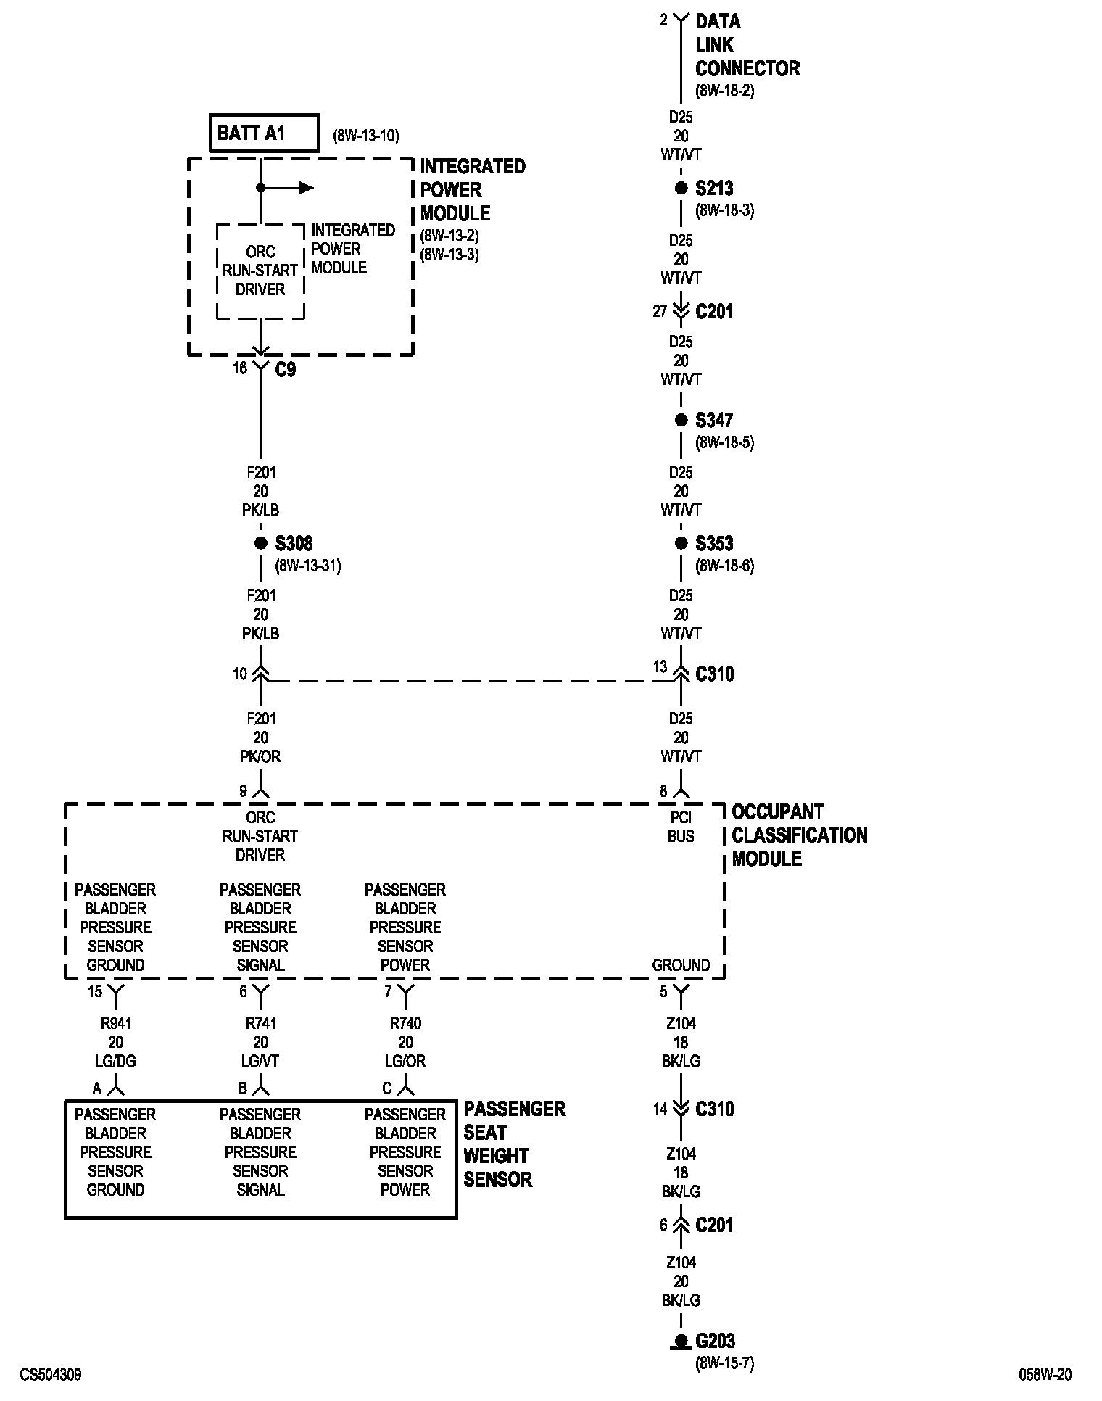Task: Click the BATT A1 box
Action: coord(264,133)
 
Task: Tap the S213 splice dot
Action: coord(681,189)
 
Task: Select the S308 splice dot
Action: coord(260,543)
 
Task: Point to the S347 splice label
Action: coord(714,421)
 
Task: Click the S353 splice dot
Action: coord(681,543)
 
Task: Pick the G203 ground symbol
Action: coord(681,1342)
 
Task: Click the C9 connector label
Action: coord(286,370)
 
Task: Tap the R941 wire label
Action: coord(115,1023)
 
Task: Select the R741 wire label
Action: coord(260,1023)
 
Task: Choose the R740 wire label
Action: coord(405,1023)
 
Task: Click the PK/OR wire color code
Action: coord(260,756)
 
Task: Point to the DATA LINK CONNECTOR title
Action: coord(747,45)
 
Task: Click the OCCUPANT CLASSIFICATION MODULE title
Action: coord(799,835)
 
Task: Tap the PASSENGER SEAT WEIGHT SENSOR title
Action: coord(514,1144)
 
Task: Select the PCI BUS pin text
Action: coord(681,827)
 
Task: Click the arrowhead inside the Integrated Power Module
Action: coord(307,189)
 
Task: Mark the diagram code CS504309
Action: coord(51,1375)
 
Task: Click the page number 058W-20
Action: coord(1045,1375)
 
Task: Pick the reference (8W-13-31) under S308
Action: coord(307,566)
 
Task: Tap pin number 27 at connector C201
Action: coord(659,312)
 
